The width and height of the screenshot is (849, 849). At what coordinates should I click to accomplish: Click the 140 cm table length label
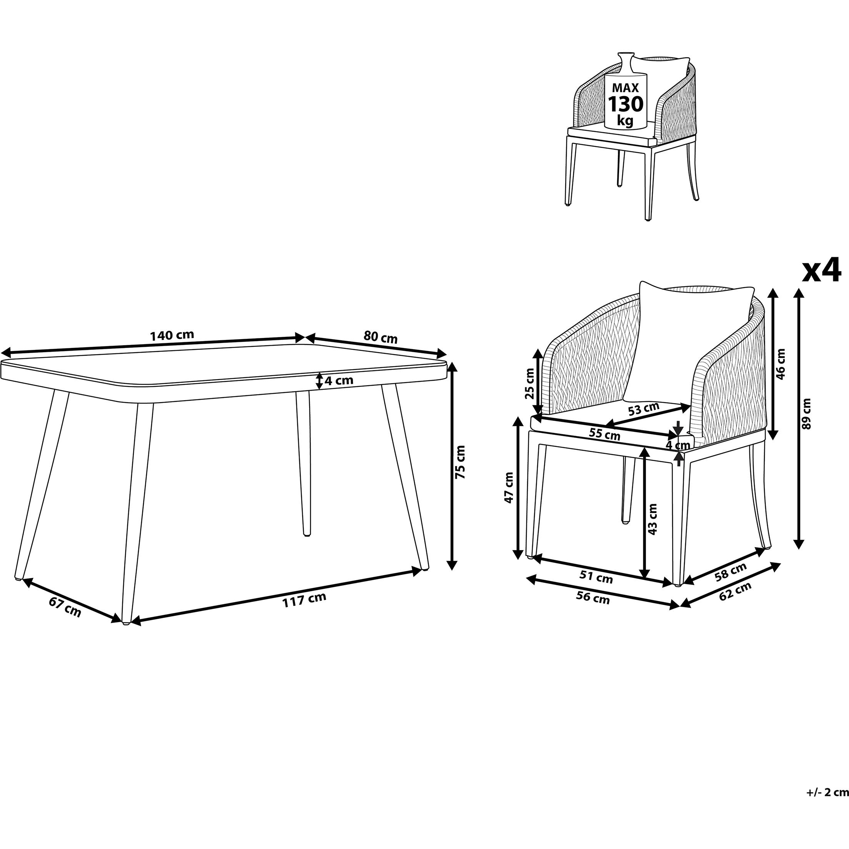click(172, 335)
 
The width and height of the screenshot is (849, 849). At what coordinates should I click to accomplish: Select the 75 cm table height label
click(460, 462)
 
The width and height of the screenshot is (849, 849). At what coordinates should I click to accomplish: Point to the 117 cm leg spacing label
click(304, 599)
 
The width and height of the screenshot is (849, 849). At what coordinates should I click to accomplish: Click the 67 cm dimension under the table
click(65, 607)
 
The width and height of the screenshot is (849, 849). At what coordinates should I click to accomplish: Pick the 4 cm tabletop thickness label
click(339, 381)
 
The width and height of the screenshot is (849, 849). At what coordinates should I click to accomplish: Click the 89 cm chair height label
click(807, 413)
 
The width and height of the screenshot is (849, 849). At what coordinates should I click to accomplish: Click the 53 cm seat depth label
click(644, 409)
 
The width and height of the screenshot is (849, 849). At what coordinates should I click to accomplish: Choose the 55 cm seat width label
click(604, 434)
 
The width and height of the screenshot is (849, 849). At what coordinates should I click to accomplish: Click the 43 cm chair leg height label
click(653, 519)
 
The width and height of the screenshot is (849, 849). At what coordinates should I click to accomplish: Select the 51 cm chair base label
click(596, 577)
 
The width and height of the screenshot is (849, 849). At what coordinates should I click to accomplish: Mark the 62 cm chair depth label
click(735, 591)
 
